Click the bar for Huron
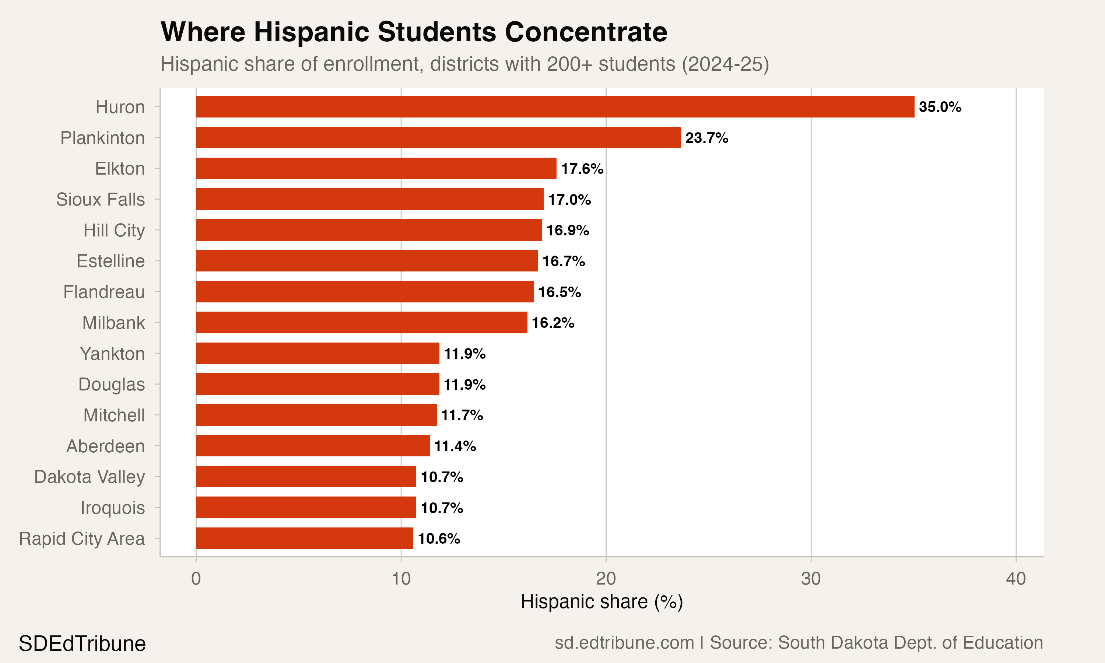(x=555, y=107)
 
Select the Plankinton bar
(x=438, y=138)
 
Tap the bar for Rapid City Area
(x=304, y=539)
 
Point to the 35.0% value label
(x=940, y=107)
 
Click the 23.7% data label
(x=706, y=138)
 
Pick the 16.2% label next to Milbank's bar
(x=552, y=323)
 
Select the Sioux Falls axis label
(x=101, y=200)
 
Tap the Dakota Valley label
(x=90, y=477)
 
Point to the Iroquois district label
(x=113, y=508)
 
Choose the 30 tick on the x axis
(x=811, y=579)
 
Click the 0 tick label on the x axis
(x=196, y=579)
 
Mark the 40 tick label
(x=1015, y=579)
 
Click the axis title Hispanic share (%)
(x=601, y=602)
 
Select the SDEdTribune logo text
(x=82, y=644)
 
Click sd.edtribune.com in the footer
(x=624, y=643)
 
